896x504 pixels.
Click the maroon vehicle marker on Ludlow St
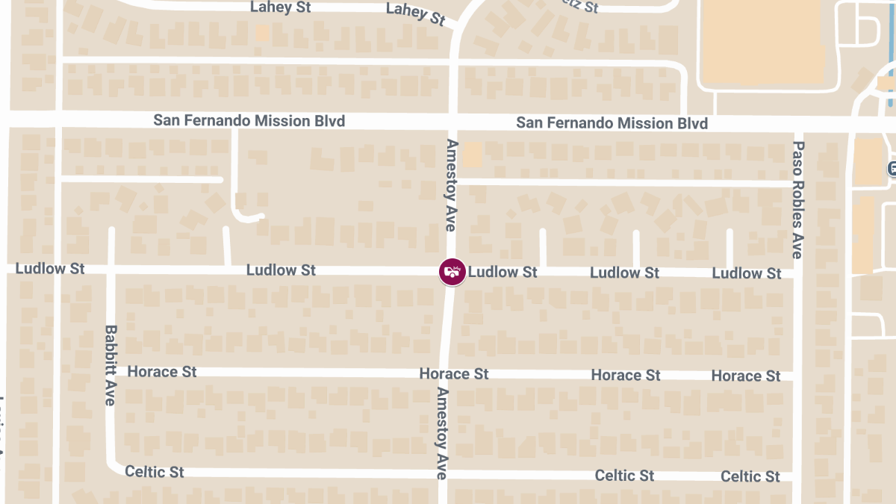tap(452, 271)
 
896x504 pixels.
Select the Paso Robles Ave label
tap(797, 200)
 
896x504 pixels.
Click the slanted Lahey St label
tap(415, 13)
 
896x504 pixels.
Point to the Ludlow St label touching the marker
tap(503, 272)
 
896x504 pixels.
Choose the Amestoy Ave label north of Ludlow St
tap(452, 184)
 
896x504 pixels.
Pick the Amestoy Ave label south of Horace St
tap(442, 433)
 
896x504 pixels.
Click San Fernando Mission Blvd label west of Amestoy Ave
tap(249, 120)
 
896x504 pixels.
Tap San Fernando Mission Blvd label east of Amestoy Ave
tap(612, 122)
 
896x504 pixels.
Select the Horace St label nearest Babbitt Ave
tap(162, 371)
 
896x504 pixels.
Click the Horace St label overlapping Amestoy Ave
tap(453, 373)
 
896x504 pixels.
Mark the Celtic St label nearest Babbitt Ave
tap(155, 472)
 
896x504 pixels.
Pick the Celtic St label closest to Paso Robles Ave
tap(750, 476)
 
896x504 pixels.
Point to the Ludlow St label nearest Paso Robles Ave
tap(747, 273)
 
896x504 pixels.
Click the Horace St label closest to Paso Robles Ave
tap(746, 376)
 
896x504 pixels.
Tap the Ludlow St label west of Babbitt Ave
tap(50, 268)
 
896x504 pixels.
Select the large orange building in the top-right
tap(762, 41)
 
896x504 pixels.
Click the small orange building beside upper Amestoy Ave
tap(473, 155)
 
